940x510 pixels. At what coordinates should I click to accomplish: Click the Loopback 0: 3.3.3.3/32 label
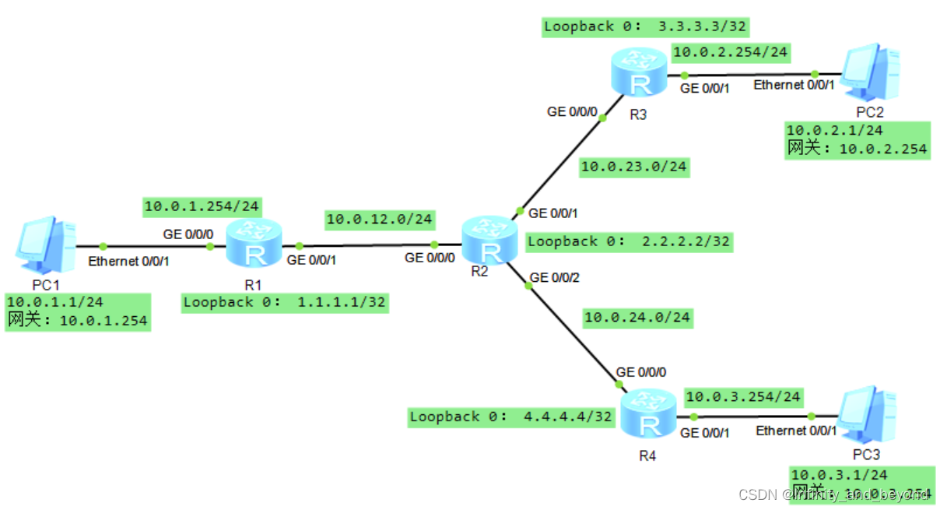pyautogui.click(x=645, y=26)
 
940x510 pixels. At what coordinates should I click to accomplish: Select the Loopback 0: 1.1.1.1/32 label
pyautogui.click(x=284, y=302)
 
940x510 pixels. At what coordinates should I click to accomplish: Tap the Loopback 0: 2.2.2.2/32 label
pyautogui.click(x=629, y=241)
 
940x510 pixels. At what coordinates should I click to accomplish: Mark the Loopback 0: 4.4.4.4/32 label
pyautogui.click(x=510, y=417)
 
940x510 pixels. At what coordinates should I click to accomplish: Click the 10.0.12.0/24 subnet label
pyautogui.click(x=380, y=220)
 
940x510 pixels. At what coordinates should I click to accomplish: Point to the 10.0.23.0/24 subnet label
pyautogui.click(x=634, y=166)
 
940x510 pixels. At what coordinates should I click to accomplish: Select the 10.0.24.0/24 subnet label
pyautogui.click(x=637, y=317)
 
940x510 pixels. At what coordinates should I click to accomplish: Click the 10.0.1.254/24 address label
pyautogui.click(x=202, y=207)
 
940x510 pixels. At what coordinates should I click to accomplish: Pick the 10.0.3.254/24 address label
pyautogui.click(x=743, y=397)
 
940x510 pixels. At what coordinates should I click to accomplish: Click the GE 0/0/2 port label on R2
pyautogui.click(x=554, y=276)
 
